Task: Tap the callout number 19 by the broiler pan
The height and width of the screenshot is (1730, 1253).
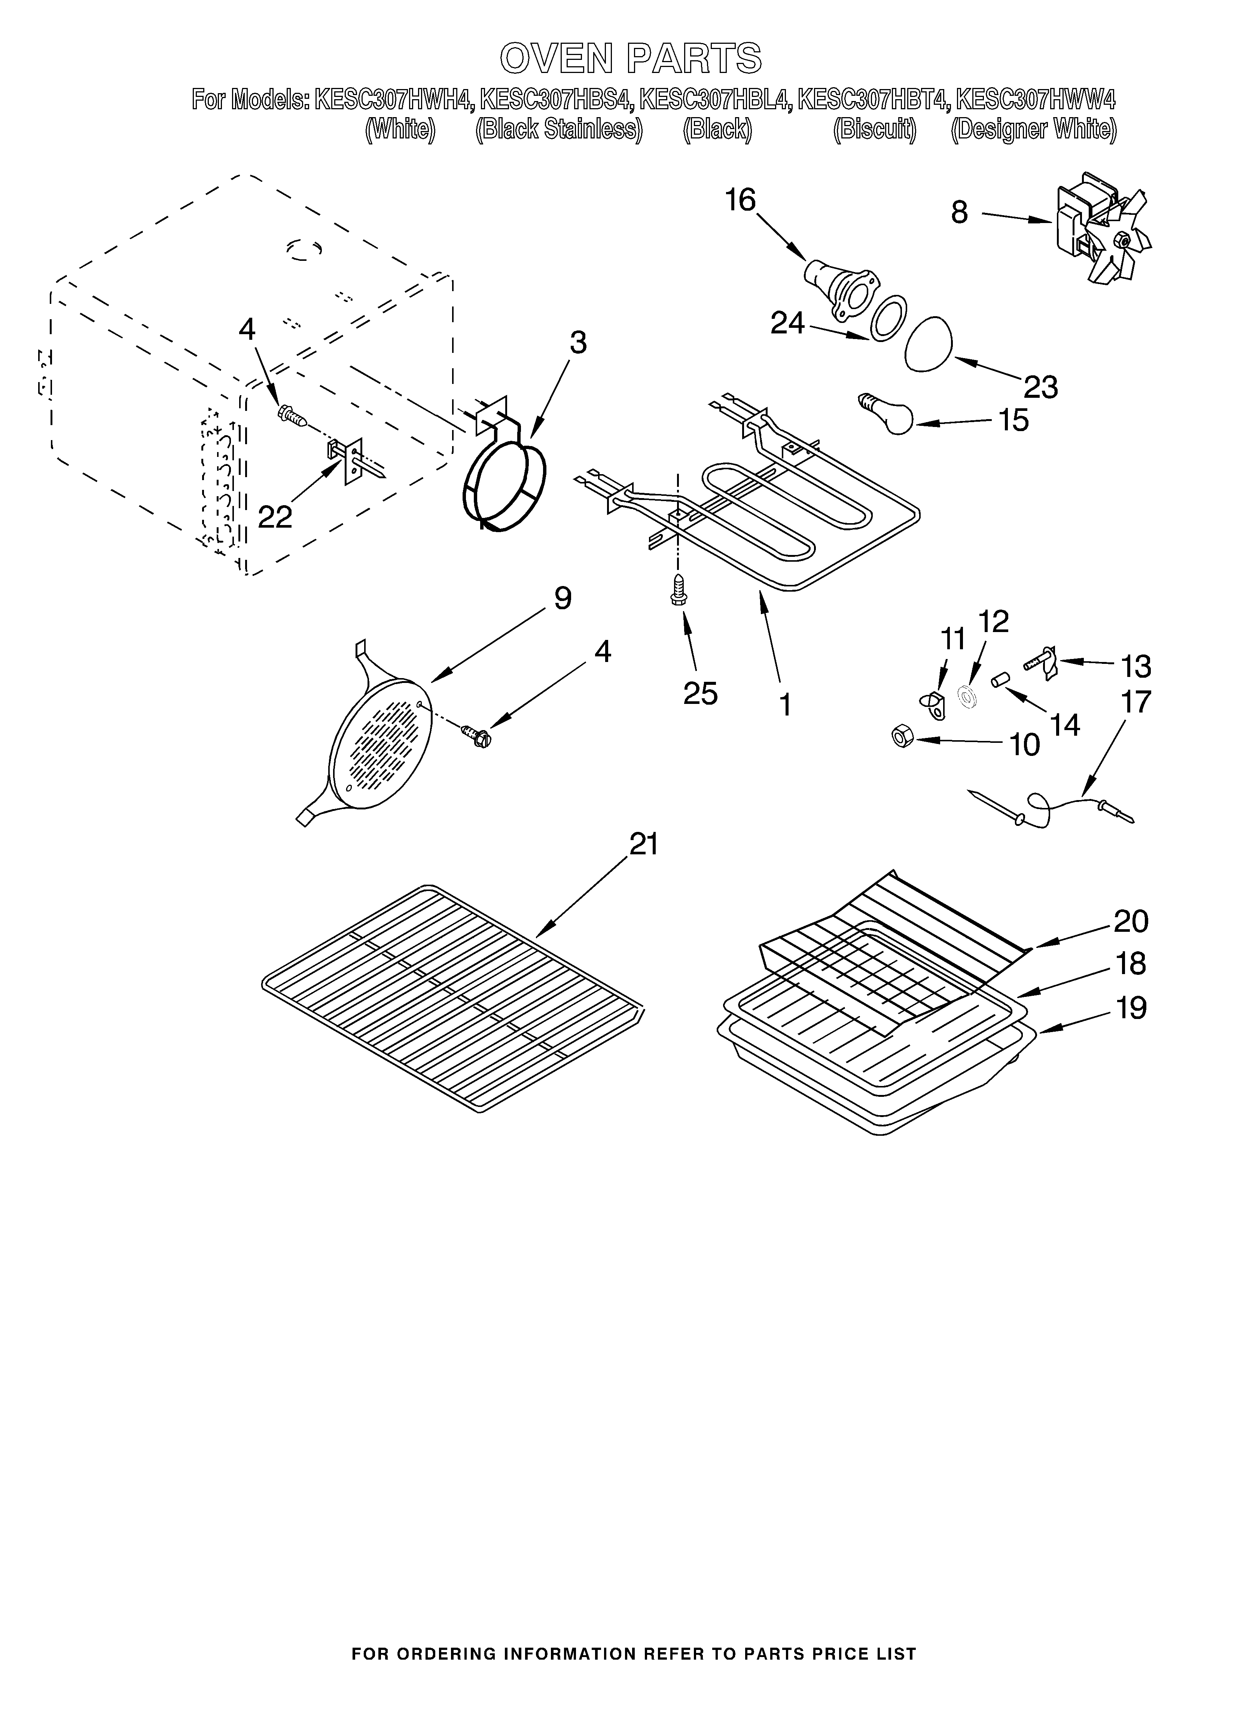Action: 1131,1008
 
